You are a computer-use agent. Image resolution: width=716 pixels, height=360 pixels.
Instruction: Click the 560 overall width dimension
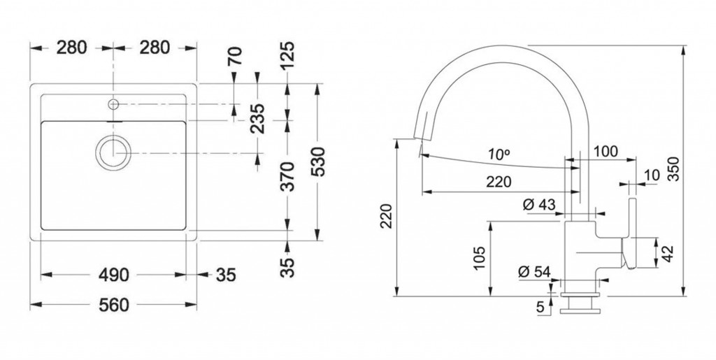[114, 305]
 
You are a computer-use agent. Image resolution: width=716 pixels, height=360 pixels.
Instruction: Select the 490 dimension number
[114, 275]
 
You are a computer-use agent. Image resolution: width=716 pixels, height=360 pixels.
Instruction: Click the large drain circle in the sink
[112, 151]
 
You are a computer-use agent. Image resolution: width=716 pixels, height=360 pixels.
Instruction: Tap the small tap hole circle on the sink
[113, 105]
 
